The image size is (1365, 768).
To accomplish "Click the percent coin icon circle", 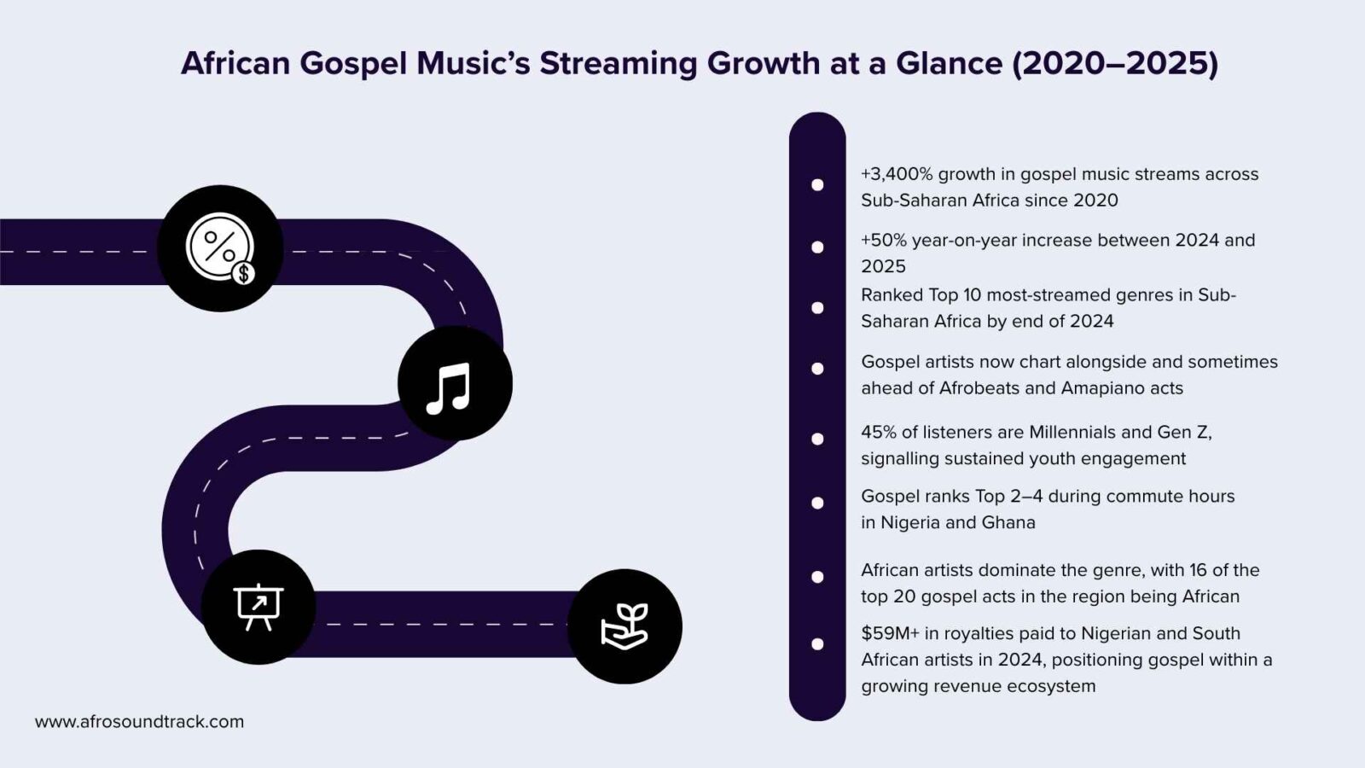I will point(220,247).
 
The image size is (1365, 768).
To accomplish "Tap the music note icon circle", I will point(455,383).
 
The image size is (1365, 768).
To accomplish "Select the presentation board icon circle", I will point(258,607).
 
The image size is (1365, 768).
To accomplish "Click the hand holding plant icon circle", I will point(624,626).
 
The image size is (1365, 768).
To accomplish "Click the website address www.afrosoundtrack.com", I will point(139,722).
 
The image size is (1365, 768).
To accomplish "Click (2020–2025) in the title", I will point(1114,64).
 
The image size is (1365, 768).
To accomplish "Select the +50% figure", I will point(883,240).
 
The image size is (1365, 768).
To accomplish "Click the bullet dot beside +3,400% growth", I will point(817,184).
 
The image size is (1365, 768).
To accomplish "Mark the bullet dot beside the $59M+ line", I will point(817,644).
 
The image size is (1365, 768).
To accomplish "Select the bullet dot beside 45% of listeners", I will point(817,439).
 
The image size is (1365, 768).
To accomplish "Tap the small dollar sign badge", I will point(244,273).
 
